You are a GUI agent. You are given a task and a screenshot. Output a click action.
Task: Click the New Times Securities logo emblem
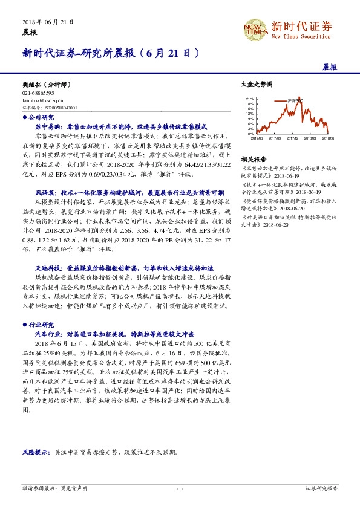pos(254,28)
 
